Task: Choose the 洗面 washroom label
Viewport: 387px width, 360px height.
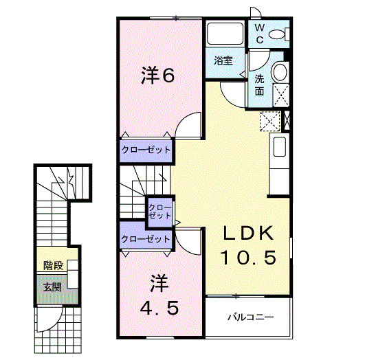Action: pos(260,84)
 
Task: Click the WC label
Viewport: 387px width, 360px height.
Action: pos(261,34)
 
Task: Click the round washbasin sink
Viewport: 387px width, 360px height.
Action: pos(280,72)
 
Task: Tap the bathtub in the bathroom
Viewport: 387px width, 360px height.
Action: pos(223,34)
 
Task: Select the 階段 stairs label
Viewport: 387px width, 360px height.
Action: pos(53,265)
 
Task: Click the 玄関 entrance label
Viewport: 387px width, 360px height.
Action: pos(52,286)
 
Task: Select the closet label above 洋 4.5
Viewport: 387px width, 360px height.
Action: pos(145,239)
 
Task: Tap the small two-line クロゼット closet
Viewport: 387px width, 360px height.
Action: pos(160,211)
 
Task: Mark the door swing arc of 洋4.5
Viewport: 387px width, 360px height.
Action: pos(189,240)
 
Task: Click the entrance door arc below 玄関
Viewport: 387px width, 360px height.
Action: pos(49,317)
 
